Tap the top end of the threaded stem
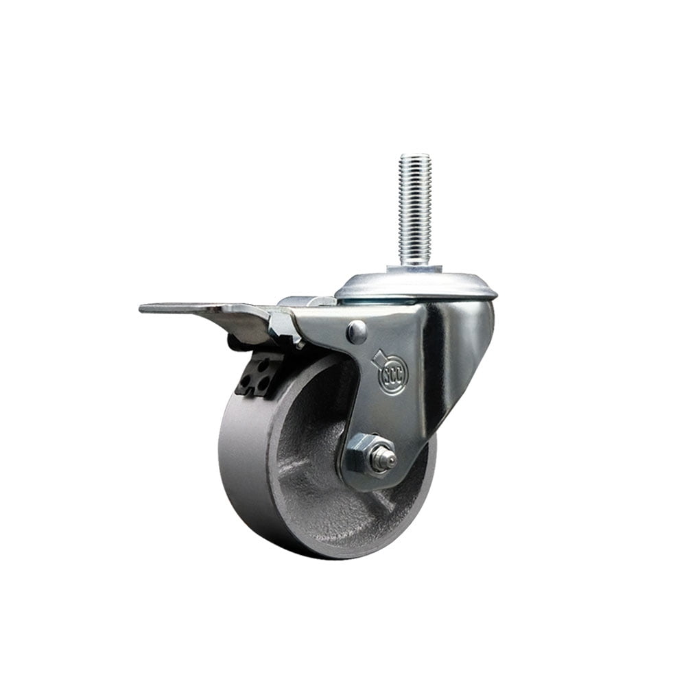[416, 157]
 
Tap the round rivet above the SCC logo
[356, 332]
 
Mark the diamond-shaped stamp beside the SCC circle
[378, 359]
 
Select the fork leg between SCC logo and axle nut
[377, 415]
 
